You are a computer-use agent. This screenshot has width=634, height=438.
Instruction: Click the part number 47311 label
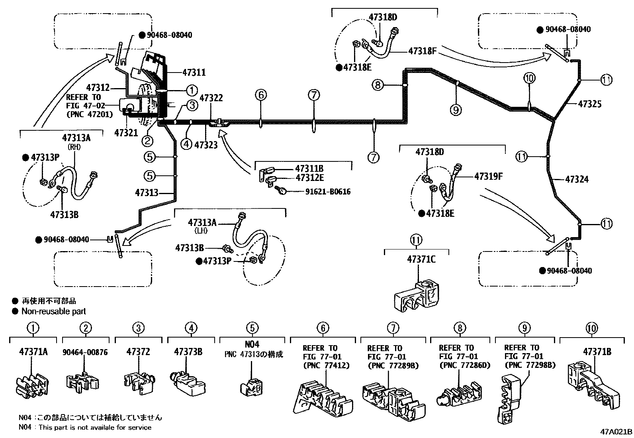[194, 73]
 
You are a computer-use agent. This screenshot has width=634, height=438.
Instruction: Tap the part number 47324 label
[577, 179]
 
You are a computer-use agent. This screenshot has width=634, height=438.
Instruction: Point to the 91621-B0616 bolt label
[328, 192]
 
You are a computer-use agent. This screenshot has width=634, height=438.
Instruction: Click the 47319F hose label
[488, 176]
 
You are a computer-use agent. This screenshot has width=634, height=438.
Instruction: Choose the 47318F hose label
[423, 51]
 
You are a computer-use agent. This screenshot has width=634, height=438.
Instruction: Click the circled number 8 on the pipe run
[378, 84]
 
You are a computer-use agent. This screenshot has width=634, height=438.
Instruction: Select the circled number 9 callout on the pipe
[456, 109]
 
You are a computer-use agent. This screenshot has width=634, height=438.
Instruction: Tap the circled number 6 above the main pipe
[260, 95]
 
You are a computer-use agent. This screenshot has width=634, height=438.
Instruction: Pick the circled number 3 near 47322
[192, 105]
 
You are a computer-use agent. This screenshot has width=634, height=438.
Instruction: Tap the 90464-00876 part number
[85, 352]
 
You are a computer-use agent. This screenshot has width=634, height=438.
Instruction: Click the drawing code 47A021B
[616, 432]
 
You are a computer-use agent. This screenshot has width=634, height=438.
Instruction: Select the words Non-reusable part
[53, 311]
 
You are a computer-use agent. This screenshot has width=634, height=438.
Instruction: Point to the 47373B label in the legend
[188, 352]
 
